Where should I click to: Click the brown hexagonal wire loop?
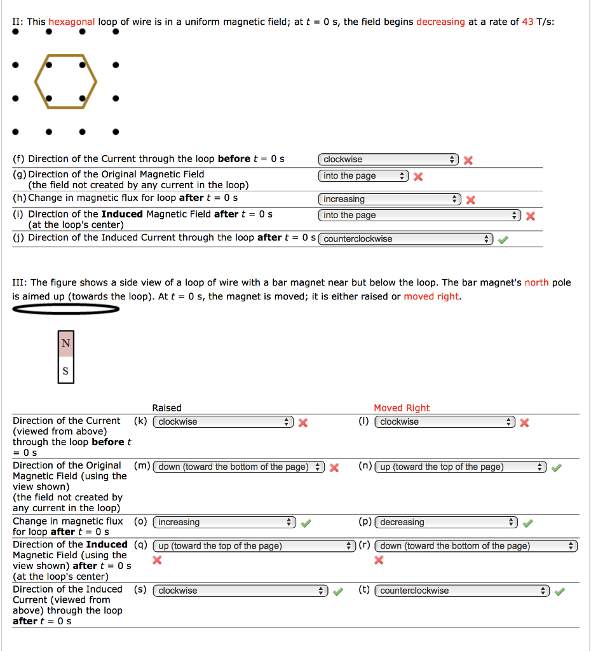tap(36, 81)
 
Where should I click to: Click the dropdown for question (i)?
tap(419, 216)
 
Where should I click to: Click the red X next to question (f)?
tap(468, 160)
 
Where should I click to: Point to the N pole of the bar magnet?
tap(65, 343)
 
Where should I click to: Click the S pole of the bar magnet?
tap(65, 370)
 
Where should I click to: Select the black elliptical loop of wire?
tap(65, 309)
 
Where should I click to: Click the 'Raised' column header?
tap(166, 408)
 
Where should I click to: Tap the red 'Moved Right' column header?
tap(402, 408)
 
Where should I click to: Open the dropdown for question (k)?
tap(224, 422)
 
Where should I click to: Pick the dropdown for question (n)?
tap(460, 467)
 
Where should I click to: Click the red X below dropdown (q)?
tap(158, 560)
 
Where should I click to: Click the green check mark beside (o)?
tap(306, 523)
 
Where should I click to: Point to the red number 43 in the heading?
tap(527, 22)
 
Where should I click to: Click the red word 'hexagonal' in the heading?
tap(72, 22)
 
